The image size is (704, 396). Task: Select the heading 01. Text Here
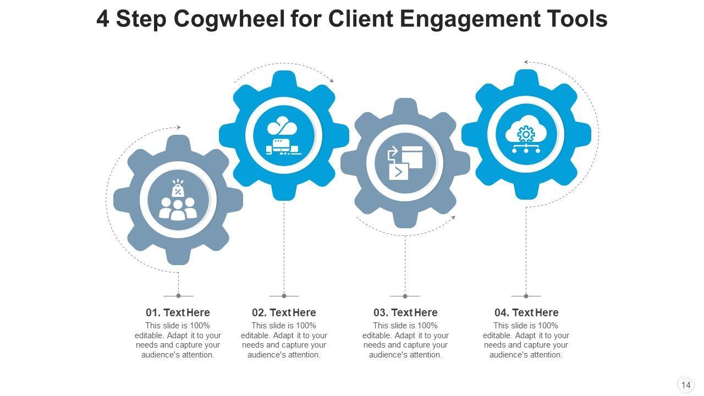click(178, 312)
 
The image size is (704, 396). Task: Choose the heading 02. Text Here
click(284, 312)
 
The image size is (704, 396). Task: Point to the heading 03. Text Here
click(405, 312)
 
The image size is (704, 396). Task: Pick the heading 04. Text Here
click(526, 312)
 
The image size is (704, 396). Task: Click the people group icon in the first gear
click(178, 200)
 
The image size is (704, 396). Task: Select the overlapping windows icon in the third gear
click(405, 163)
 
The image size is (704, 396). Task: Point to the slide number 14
click(685, 385)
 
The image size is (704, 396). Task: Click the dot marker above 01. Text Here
click(178, 296)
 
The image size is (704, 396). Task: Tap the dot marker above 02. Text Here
click(284, 296)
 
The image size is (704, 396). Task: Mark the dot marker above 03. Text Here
click(405, 296)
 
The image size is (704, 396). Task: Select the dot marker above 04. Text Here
click(526, 296)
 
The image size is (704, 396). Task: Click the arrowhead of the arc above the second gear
click(332, 81)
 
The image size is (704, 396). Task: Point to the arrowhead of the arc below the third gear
click(453, 218)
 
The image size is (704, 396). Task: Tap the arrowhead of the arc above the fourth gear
click(526, 62)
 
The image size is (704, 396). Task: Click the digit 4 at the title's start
click(102, 20)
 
